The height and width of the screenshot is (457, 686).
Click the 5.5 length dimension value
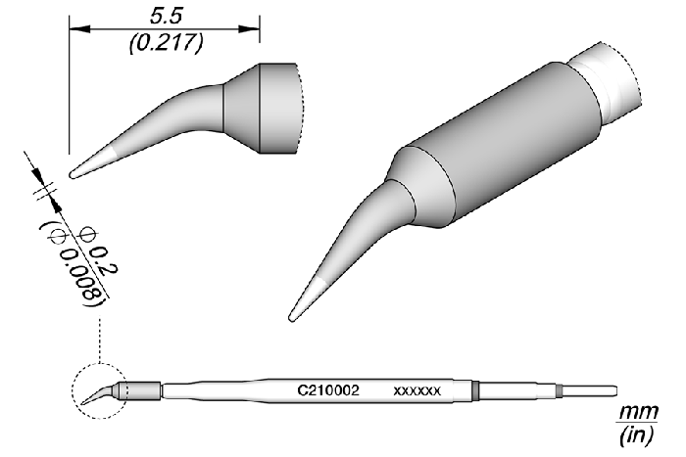tap(166, 17)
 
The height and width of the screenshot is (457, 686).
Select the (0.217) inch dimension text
tap(167, 43)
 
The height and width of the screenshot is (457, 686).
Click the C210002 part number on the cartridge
tap(328, 390)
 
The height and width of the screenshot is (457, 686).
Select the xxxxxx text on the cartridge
tap(416, 391)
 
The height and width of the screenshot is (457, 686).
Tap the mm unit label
tap(638, 412)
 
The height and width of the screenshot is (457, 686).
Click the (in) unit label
tap(637, 435)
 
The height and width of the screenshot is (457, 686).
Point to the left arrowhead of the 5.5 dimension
tap(79, 29)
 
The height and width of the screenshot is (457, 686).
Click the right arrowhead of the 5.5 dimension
tap(249, 29)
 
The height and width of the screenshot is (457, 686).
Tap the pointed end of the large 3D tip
tap(291, 319)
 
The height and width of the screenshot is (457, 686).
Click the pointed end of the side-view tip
tap(72, 175)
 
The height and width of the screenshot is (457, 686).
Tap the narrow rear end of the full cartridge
tap(589, 390)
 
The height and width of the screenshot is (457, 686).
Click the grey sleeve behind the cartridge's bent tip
tap(140, 390)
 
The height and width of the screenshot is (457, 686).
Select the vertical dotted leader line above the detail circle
tap(100, 341)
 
